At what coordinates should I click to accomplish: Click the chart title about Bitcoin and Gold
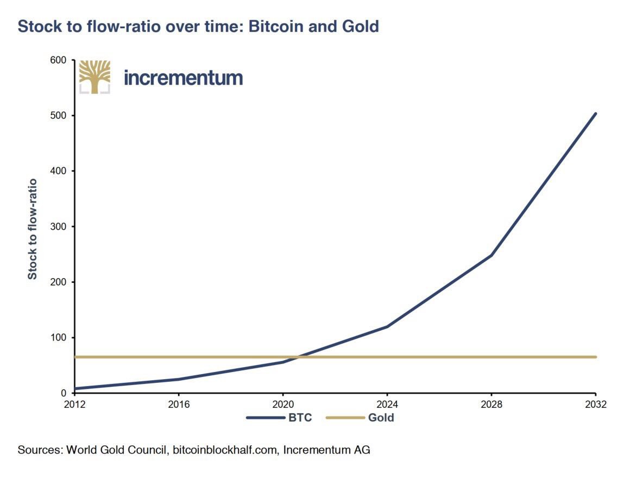198,27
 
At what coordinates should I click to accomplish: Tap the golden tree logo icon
94,77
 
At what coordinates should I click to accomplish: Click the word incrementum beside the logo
183,78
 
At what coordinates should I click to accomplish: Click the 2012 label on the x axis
74,405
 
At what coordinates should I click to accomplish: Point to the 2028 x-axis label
491,405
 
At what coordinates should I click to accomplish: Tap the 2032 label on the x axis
595,405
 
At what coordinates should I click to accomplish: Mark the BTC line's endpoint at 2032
595,114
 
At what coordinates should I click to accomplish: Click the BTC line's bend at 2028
491,255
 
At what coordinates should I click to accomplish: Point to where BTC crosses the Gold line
297,357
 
